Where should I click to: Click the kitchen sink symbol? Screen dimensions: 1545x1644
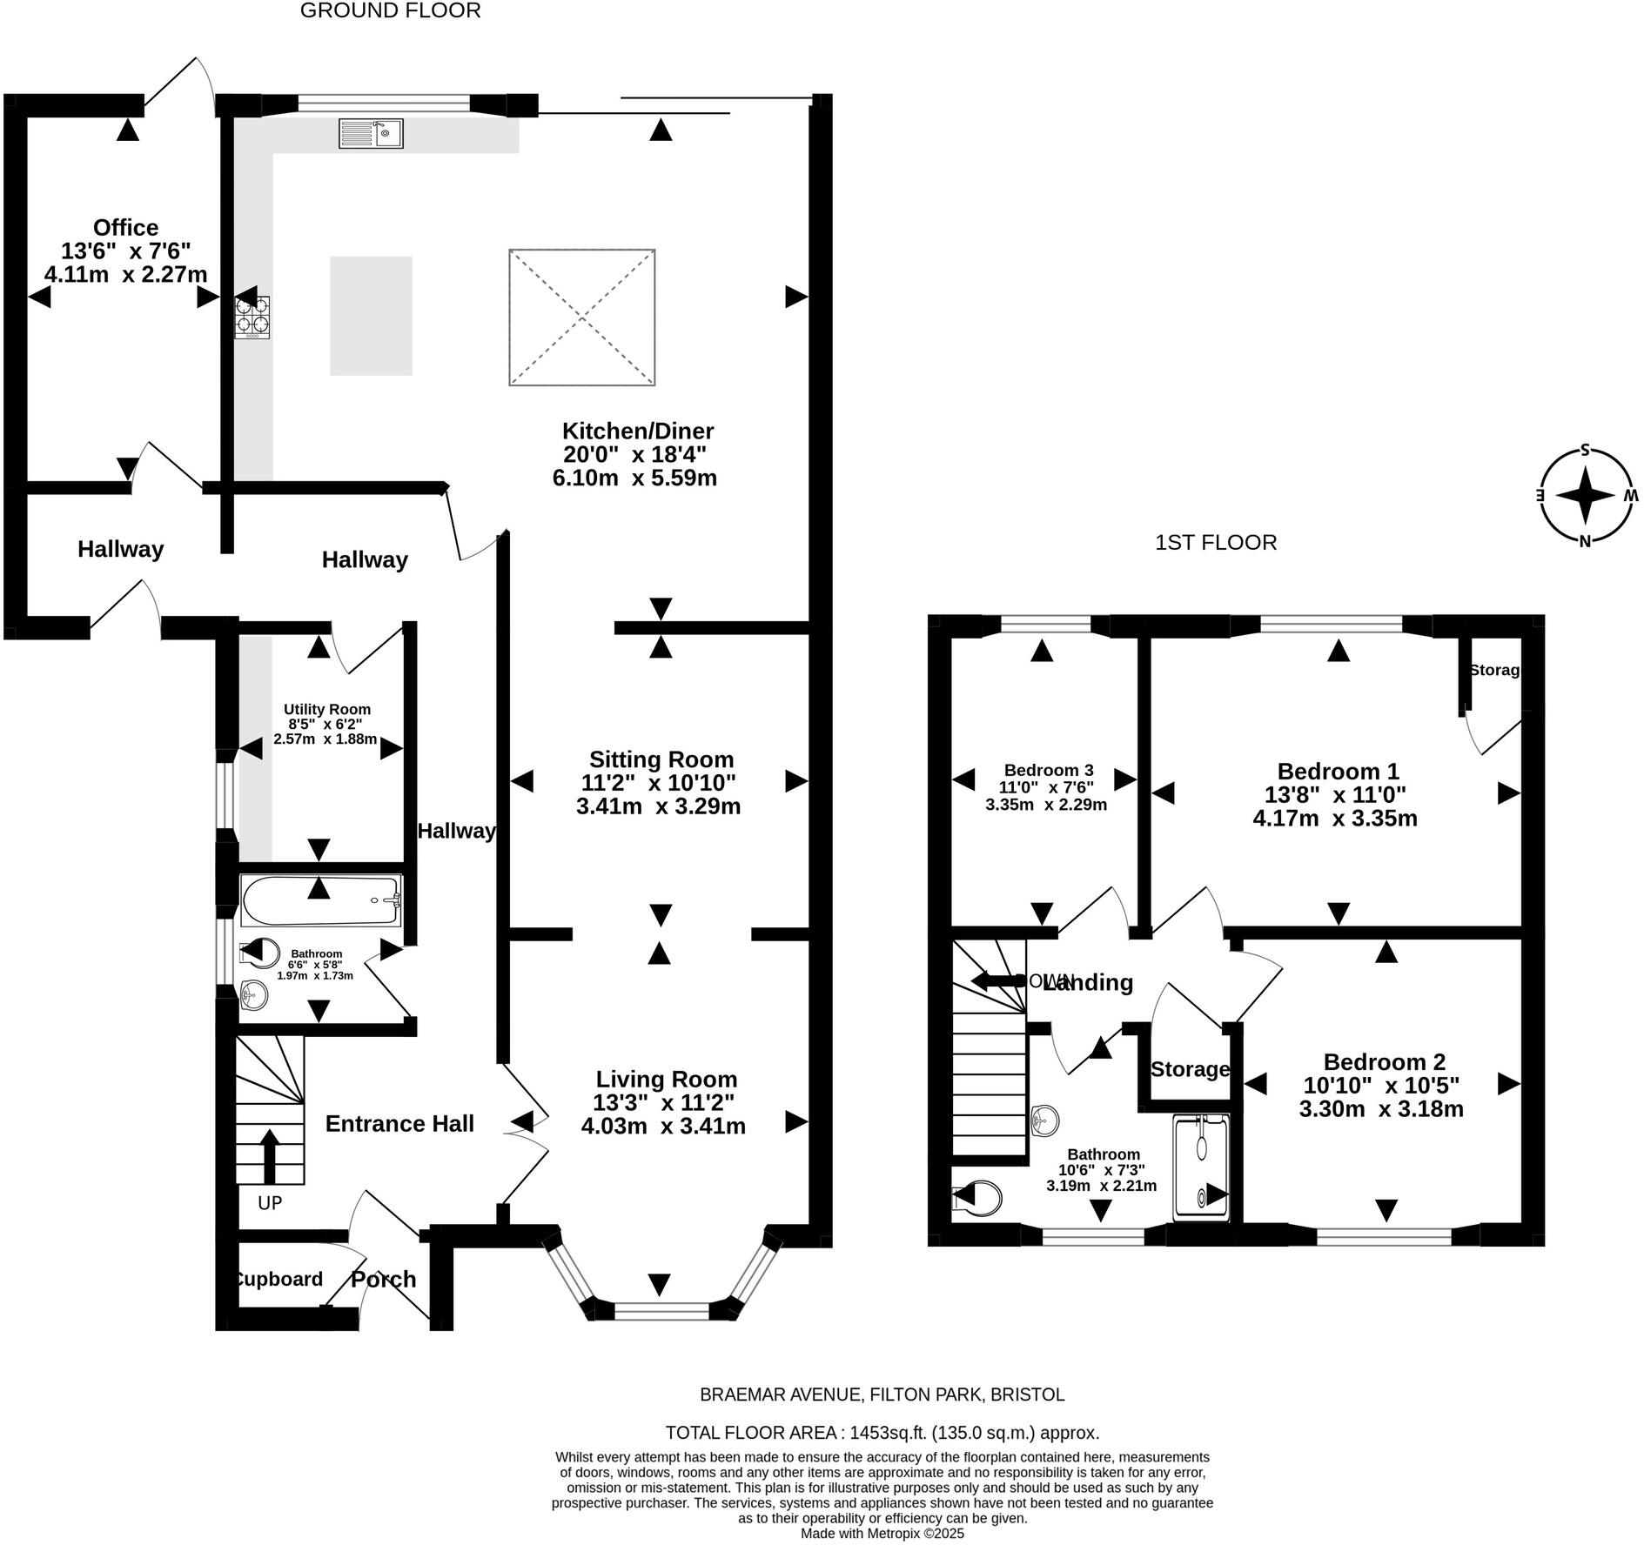tap(371, 134)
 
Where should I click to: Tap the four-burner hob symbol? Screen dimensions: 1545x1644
tap(252, 318)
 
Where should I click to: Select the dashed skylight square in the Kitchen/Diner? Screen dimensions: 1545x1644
tap(581, 318)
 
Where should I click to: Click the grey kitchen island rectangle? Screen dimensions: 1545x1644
tap(371, 316)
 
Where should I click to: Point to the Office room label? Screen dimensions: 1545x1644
tap(125, 228)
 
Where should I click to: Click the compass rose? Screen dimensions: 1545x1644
tap(1584, 495)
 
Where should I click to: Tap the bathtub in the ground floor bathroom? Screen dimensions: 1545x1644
tap(319, 901)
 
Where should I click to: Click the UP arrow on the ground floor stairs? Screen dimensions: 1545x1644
tap(270, 1155)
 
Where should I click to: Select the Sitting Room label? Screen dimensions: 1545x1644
tap(661, 759)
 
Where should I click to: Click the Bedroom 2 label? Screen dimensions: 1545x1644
tap(1384, 1062)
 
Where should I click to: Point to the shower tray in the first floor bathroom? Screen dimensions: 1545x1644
tap(1201, 1168)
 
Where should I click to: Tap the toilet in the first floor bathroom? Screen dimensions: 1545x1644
tap(979, 1200)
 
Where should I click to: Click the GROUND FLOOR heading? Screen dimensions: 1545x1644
tap(390, 10)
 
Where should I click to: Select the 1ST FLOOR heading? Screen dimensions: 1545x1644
tap(1215, 543)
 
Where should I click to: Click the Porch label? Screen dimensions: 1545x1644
tap(383, 1280)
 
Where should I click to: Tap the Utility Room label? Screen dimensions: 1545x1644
tap(326, 710)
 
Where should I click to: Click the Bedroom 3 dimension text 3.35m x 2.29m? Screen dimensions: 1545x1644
tap(1045, 805)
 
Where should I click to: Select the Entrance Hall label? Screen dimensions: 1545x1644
tap(399, 1124)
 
